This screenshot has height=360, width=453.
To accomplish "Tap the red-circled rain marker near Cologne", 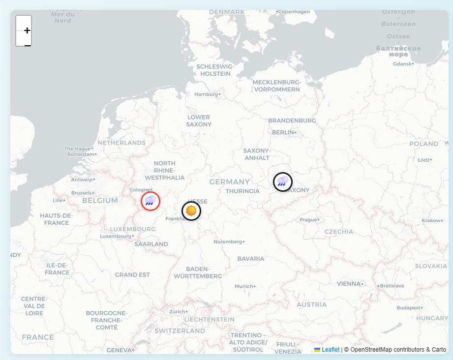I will point(151,201).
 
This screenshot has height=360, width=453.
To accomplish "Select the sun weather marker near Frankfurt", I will point(191,211).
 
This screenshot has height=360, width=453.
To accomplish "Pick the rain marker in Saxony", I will point(283,182).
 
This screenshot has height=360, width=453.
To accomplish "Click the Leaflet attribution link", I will point(331,350).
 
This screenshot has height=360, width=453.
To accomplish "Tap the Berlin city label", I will point(283,132).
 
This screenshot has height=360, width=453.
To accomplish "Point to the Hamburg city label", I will point(206,94).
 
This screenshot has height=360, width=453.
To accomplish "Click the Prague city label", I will point(308,220).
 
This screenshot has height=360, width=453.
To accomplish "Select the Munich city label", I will point(243,286).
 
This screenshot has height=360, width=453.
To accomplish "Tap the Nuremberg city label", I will point(228,241).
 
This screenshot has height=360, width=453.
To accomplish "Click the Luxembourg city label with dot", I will point(116,236).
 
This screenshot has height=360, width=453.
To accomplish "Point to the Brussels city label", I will point(82,193).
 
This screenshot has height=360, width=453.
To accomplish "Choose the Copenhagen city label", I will point(294,11).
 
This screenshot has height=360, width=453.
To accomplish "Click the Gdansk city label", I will point(402,64).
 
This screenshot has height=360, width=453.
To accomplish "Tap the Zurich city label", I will point(177,311).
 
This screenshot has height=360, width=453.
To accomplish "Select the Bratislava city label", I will point(392,286).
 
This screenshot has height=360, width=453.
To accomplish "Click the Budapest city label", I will point(409,308).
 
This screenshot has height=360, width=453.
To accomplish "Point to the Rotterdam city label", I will point(80,154).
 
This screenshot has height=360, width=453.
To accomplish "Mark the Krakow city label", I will point(431,221).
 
